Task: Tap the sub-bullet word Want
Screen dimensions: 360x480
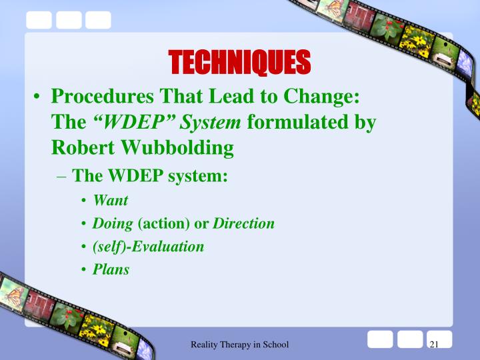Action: tap(111, 200)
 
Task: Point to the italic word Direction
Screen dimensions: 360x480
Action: tap(243, 223)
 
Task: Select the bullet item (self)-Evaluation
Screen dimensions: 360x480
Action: tap(149, 247)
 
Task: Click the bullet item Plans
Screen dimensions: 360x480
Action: tap(111, 270)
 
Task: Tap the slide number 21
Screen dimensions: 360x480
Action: tap(434, 344)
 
